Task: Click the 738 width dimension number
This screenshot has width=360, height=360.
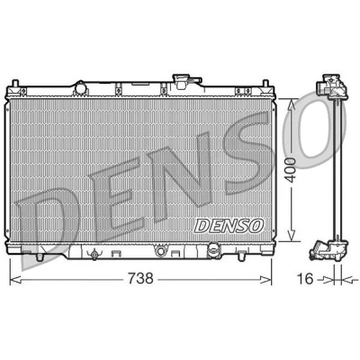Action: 140,279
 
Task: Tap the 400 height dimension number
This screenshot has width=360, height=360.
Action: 291,170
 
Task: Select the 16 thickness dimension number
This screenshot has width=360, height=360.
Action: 305,279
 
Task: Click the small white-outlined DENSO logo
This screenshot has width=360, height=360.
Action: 229,226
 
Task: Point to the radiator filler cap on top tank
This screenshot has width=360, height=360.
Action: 185,81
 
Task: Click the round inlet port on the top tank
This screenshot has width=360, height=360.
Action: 81,88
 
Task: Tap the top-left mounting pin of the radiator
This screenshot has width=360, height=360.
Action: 15,84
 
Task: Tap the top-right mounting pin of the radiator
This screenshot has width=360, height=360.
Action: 265,84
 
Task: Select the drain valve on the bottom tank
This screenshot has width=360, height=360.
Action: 94,255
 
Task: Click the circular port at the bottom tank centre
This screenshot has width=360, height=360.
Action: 160,251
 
